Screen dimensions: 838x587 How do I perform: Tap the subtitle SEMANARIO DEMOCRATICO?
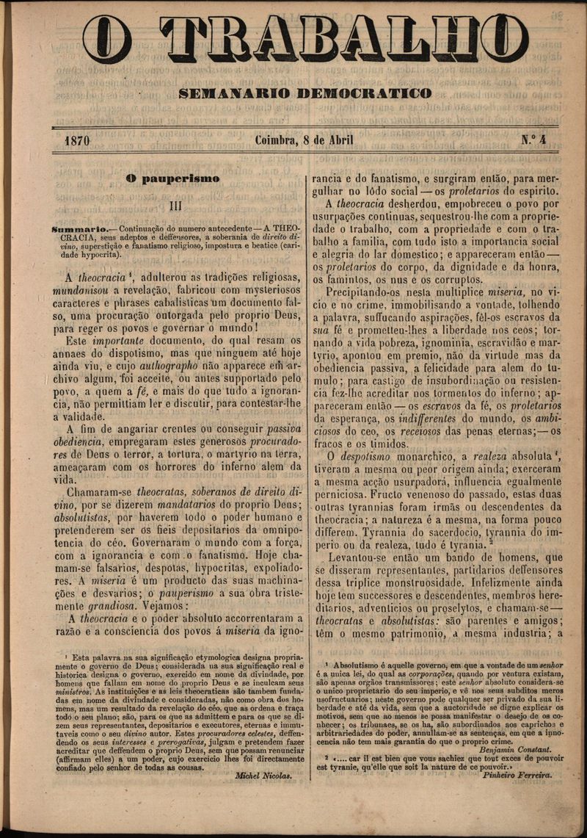pyautogui.click(x=305, y=93)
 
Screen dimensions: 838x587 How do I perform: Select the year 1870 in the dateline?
pyautogui.click(x=77, y=140)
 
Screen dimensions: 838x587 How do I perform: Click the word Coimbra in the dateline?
pyautogui.click(x=277, y=140)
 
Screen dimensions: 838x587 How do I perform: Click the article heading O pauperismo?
pyautogui.click(x=172, y=178)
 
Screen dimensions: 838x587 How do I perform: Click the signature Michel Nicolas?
pyautogui.click(x=263, y=775)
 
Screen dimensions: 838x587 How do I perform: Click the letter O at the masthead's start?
pyautogui.click(x=107, y=39)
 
